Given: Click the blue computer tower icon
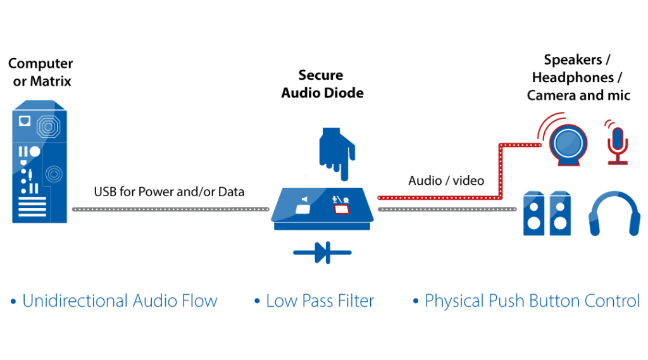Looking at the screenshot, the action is click(x=40, y=161).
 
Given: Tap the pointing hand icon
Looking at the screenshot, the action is click(x=337, y=154).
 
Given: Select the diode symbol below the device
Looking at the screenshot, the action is click(x=322, y=252).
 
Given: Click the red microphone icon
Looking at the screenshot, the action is click(x=618, y=142).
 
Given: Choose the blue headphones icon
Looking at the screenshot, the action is click(x=614, y=213).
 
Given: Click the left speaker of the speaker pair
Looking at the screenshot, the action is click(x=533, y=213).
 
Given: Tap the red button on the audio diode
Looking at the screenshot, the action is click(x=342, y=209).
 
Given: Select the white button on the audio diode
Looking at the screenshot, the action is click(x=303, y=209).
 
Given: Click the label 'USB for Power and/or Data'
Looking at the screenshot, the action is click(x=169, y=192).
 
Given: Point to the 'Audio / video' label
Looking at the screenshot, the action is click(x=446, y=180).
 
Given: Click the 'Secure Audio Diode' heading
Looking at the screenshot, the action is click(x=322, y=84).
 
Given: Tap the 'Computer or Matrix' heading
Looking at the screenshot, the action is click(x=40, y=72).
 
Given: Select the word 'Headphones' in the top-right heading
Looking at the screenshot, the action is click(x=573, y=77).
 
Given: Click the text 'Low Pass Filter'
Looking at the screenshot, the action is click(x=320, y=301).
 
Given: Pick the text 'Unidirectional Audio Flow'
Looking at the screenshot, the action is click(x=120, y=301).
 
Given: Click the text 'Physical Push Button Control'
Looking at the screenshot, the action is click(x=532, y=301).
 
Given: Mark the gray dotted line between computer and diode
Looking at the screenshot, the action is click(x=171, y=209).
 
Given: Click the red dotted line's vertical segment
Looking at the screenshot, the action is click(x=501, y=171).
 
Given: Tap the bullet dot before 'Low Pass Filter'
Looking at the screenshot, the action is click(x=257, y=301).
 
